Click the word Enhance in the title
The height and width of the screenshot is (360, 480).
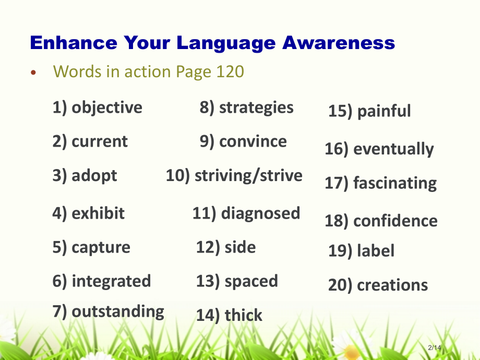click(74, 43)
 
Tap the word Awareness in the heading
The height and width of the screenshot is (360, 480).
click(339, 43)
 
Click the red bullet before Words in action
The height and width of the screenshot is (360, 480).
click(33, 73)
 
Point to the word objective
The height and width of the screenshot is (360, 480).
click(107, 108)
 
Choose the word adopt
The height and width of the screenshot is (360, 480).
click(94, 176)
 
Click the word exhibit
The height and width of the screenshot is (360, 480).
click(98, 213)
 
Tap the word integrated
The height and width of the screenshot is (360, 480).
click(111, 281)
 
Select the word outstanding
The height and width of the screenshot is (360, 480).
click(118, 311)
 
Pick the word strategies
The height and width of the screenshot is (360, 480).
click(256, 108)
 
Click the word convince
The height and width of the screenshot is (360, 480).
click(253, 142)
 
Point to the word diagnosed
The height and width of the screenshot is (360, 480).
click(260, 213)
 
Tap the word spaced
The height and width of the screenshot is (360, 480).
click(251, 282)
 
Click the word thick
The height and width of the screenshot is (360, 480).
click(243, 315)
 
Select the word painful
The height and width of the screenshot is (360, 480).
click(384, 111)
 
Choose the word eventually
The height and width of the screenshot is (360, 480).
click(393, 149)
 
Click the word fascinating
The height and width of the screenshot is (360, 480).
click(395, 183)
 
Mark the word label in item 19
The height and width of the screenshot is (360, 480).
click(376, 251)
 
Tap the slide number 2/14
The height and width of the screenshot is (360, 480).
click(435, 347)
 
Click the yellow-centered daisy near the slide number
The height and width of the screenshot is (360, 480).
click(352, 349)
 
